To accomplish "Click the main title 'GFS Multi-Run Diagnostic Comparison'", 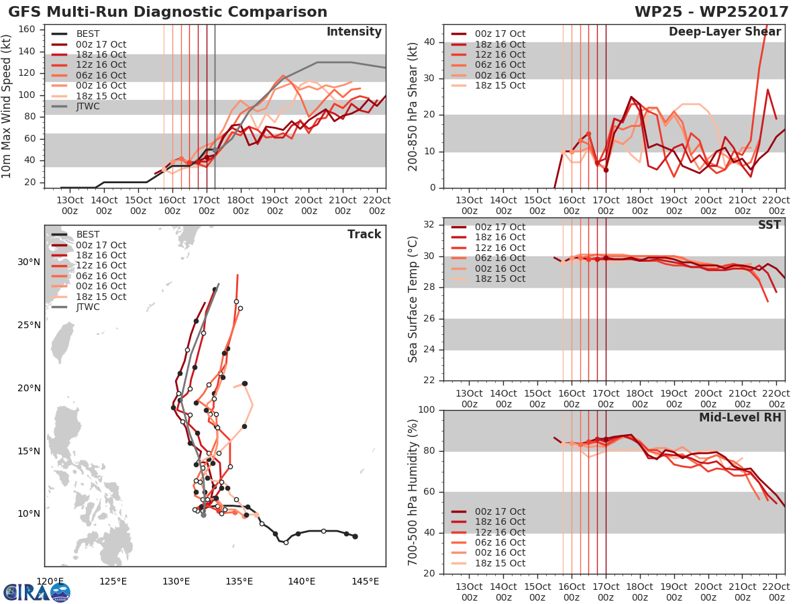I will coord(168,12).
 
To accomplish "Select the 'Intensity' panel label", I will coord(354,32).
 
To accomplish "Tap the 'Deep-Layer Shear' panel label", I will coord(724,32).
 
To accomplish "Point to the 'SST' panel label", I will coord(768,225).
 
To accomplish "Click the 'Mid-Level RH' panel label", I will coord(740,417).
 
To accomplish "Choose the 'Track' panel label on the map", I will coord(364,234).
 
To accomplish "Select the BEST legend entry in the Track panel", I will coord(88,234).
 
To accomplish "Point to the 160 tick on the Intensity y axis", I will coord(28,30).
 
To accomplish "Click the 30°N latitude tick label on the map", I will coord(28,262).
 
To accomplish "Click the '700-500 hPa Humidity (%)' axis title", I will coord(413,491).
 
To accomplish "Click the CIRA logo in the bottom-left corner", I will coord(37,592).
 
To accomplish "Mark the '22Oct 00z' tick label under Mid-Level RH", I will coord(776,592).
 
